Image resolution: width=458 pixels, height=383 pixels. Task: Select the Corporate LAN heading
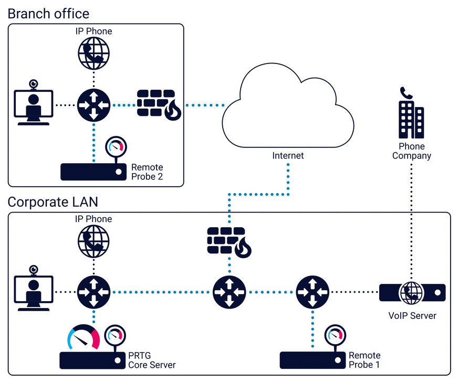[53, 201]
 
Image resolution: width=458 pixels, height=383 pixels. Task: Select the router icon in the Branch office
[94, 105]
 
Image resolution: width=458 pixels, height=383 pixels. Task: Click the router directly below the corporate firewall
[229, 292]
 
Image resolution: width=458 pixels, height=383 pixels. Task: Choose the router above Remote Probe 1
[313, 292]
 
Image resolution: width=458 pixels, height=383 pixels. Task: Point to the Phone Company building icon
[411, 112]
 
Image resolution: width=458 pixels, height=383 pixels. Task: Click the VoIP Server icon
[412, 292]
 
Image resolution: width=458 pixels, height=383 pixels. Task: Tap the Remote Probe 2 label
[147, 172]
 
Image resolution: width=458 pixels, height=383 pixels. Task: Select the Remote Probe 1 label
[364, 360]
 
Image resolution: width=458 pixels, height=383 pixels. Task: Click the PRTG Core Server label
[152, 360]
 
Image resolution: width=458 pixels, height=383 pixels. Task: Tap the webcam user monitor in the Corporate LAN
[34, 291]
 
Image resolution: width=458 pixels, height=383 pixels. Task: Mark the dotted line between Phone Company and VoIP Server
[411, 220]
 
